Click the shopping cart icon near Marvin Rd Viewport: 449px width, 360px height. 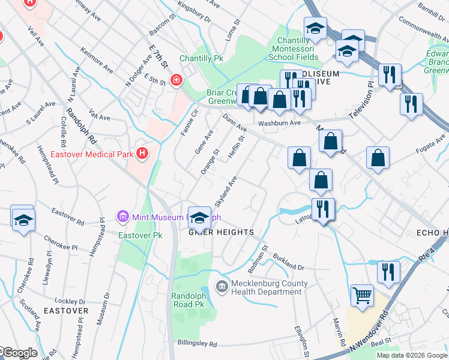(362, 295)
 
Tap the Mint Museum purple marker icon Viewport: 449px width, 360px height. (122, 215)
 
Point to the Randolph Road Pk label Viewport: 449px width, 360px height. (188, 300)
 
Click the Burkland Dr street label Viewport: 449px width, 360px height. (289, 262)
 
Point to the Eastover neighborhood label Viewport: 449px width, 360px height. (66, 311)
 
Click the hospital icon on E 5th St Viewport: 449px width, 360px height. (176, 80)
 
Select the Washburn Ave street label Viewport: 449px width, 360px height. (279, 123)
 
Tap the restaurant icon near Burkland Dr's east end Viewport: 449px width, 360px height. (388, 272)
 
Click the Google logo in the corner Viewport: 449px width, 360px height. (19, 353)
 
